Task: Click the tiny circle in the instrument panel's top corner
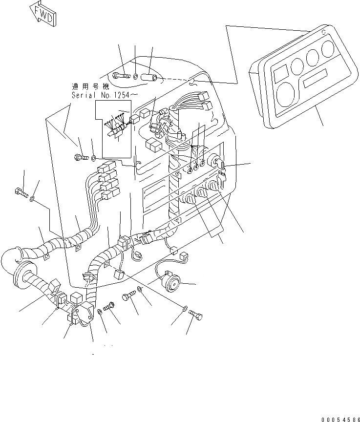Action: [x=323, y=34]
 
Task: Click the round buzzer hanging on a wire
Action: [x=173, y=283]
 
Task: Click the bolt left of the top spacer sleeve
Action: [x=119, y=75]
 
